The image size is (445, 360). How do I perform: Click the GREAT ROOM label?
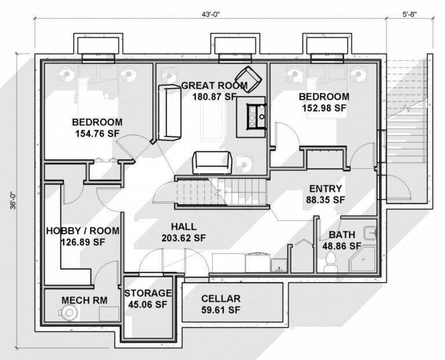[x=214, y=86]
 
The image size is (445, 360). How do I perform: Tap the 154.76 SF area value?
[x=97, y=133]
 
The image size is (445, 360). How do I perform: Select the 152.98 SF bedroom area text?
[x=324, y=107]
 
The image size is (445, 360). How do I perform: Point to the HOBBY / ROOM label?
[x=83, y=231]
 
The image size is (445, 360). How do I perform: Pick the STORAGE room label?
[x=148, y=293]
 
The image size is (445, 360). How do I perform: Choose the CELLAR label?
[x=221, y=299]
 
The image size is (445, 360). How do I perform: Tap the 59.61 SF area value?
[x=221, y=310]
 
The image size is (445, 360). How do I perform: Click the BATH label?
[x=342, y=235]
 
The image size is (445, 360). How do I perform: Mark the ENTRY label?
[x=325, y=188]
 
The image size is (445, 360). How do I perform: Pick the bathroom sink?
[x=370, y=234]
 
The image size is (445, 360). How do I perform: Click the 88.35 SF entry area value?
[x=325, y=199]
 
